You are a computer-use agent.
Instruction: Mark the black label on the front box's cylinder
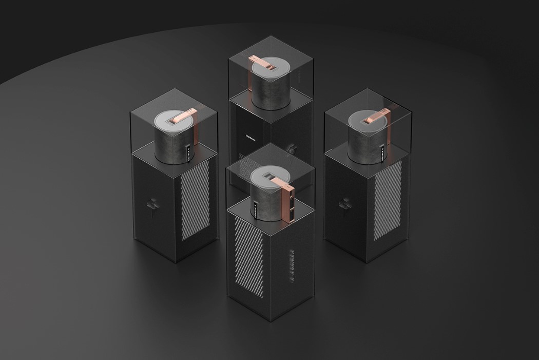coord(254,210)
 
